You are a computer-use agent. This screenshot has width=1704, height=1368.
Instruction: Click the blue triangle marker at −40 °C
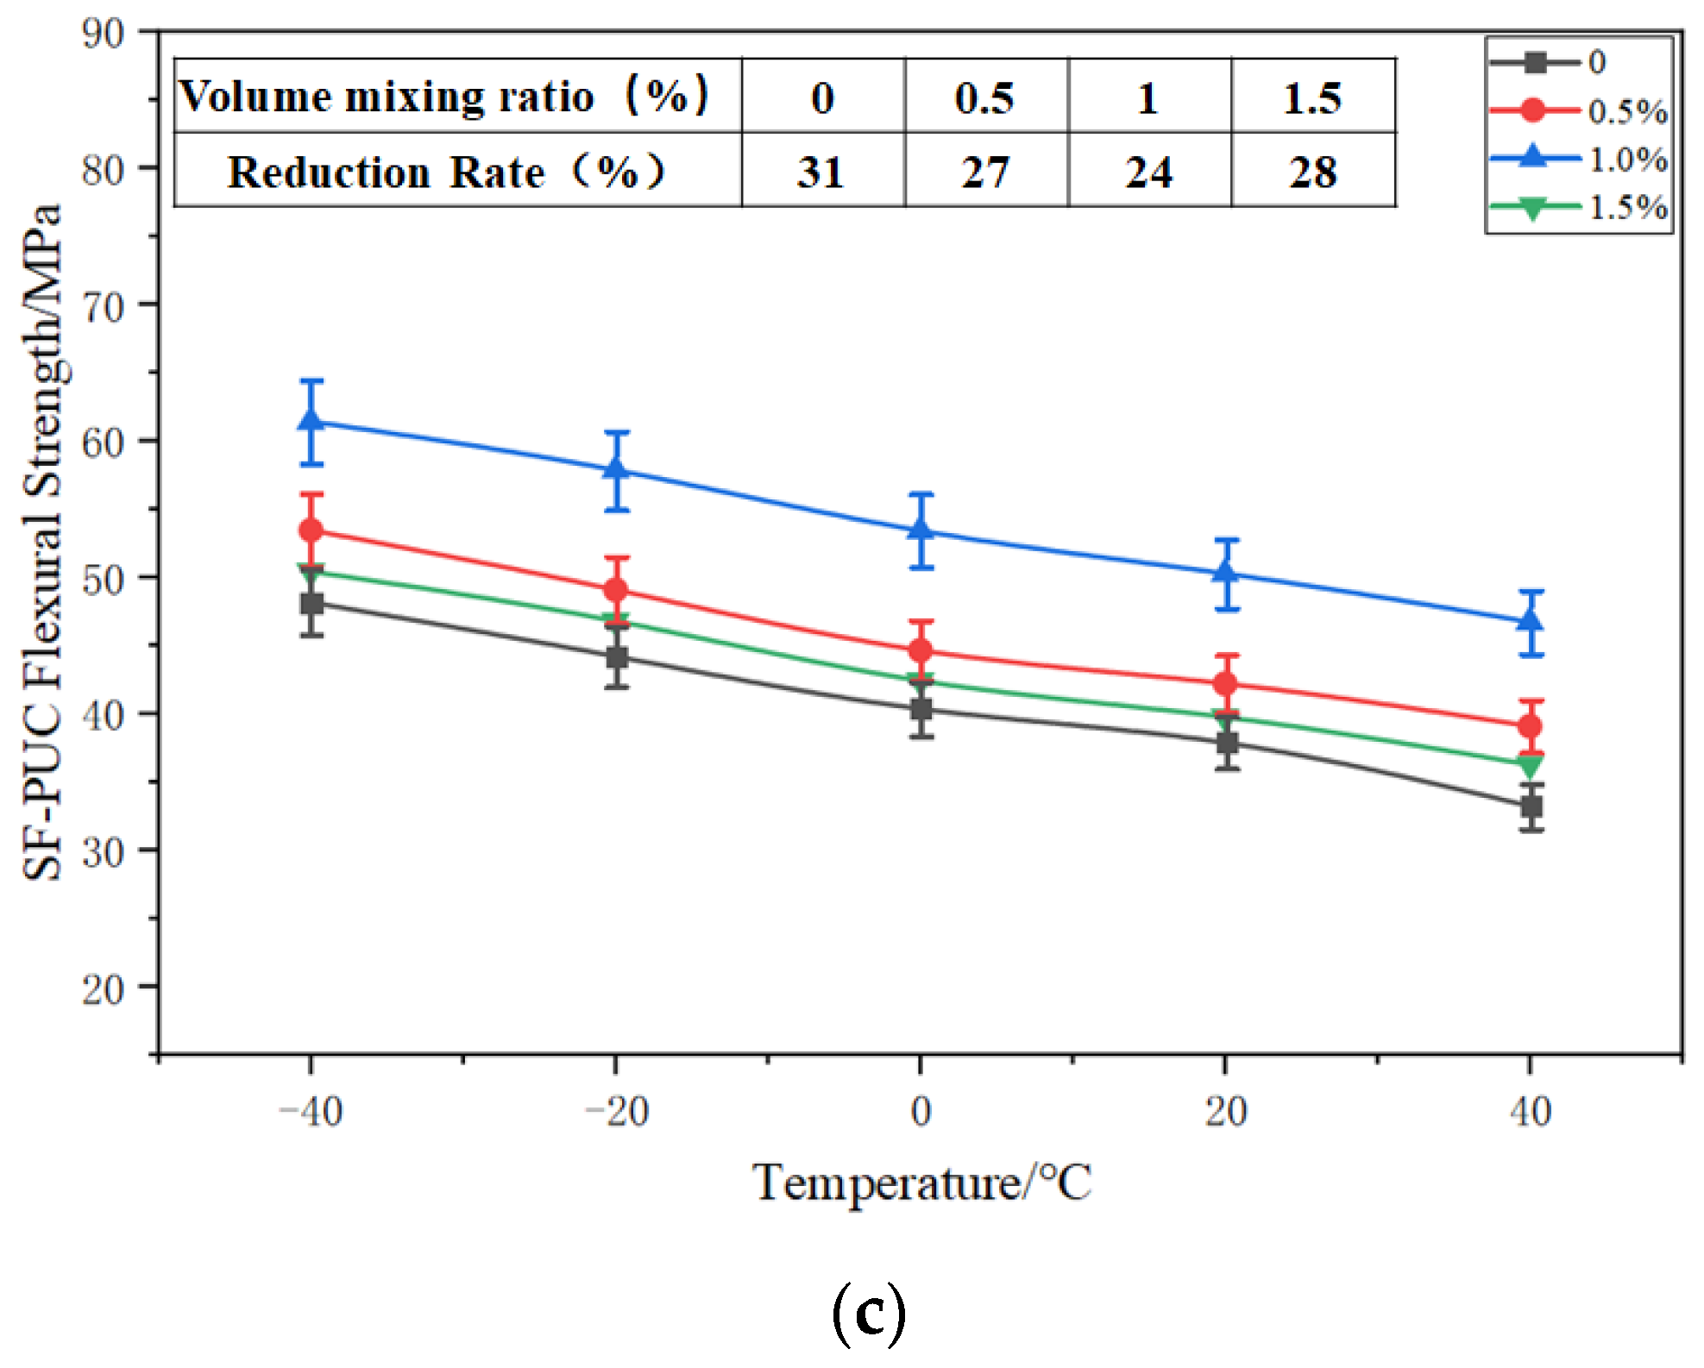pos(311,420)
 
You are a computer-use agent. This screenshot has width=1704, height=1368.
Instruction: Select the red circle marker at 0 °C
pos(921,650)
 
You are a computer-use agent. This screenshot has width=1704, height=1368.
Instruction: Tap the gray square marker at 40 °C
pos(1531,807)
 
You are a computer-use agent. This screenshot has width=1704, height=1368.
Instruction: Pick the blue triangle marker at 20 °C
pos(1226,573)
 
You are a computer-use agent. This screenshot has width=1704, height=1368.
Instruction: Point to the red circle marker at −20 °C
pos(616,590)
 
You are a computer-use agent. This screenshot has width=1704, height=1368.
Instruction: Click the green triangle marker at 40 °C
pos(1530,766)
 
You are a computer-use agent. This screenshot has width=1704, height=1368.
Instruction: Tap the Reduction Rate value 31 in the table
pos(821,172)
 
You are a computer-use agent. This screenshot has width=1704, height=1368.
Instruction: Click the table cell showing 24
pos(1148,172)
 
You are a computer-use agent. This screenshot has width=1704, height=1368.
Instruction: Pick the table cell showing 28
pos(1312,172)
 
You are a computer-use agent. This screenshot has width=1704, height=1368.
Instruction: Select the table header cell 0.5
pos(984,97)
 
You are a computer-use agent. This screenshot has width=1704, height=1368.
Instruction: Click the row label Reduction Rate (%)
pos(446,172)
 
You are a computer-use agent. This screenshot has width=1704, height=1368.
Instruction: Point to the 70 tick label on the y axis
pos(103,306)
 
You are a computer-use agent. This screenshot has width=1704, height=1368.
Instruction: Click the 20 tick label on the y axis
pos(103,989)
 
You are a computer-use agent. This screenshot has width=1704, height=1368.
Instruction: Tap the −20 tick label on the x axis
pos(616,1112)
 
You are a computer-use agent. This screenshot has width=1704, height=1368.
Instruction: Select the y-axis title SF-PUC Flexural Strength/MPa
pos(43,542)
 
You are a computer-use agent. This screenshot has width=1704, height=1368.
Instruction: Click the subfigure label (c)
pos(869,1312)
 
